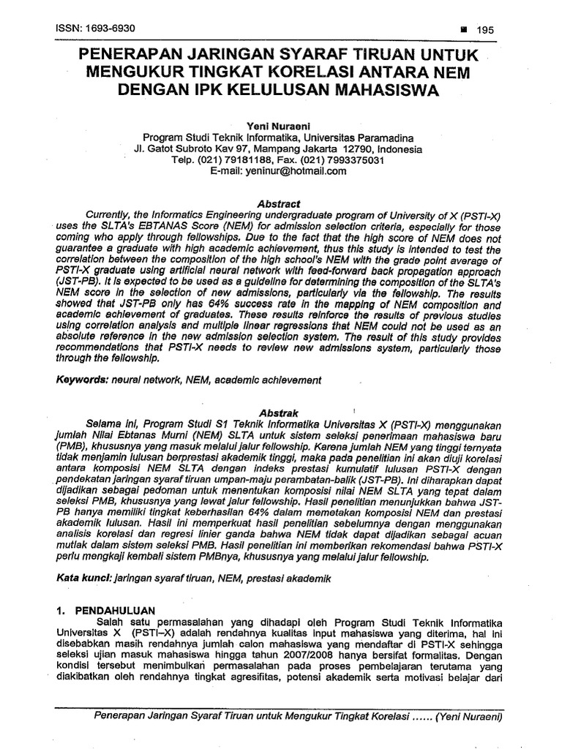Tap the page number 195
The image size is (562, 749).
pos(486,30)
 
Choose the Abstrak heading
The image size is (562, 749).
pos(278,413)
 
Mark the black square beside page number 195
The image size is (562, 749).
pos(462,30)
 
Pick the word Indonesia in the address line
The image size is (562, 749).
pos(400,148)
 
